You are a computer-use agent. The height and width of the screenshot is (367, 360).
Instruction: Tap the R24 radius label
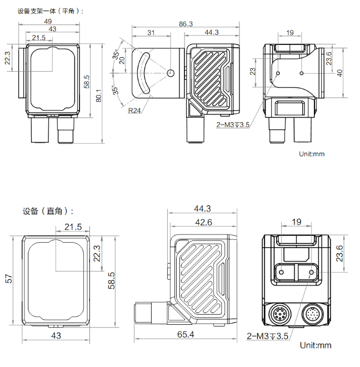tap(134, 110)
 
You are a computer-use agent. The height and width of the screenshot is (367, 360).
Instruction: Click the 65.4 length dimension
tap(186, 334)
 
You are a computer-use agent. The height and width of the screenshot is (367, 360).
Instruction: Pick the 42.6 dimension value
tap(204, 222)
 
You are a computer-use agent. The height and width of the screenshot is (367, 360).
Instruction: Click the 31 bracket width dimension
tap(151, 33)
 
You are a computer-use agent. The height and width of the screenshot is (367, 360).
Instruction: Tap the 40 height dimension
tap(339, 73)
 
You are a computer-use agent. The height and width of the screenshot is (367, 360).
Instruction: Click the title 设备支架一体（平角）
tap(51, 11)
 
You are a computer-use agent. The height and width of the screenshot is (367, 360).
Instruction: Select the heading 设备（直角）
tap(48, 211)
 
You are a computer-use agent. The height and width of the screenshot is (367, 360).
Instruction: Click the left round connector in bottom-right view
tap(279, 315)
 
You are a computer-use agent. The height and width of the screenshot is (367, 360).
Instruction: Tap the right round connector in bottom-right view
tap(311, 315)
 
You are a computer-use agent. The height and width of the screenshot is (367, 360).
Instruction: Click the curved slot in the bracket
tap(142, 73)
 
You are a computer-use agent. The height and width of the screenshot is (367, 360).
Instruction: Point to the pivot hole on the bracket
tap(171, 73)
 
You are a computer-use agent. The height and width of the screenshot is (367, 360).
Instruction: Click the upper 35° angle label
tap(116, 56)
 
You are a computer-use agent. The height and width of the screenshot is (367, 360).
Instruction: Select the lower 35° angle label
tap(116, 90)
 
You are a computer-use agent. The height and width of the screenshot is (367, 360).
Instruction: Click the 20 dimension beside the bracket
tap(122, 61)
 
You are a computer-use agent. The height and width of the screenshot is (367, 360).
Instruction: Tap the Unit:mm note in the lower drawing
tap(315, 345)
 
